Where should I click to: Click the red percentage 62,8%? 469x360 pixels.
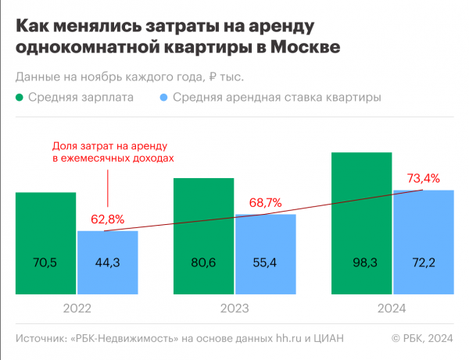click(x=107, y=219)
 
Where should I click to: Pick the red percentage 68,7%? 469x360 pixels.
click(x=266, y=202)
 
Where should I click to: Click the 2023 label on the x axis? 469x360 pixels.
click(x=234, y=310)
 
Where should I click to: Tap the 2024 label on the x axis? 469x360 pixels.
click(x=392, y=310)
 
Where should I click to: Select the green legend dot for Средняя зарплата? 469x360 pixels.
click(x=20, y=98)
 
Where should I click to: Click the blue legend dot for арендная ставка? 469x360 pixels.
click(x=163, y=98)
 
